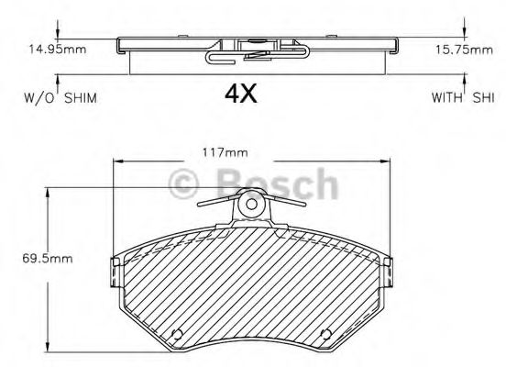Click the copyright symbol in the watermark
(186, 184)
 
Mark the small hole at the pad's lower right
(324, 333)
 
